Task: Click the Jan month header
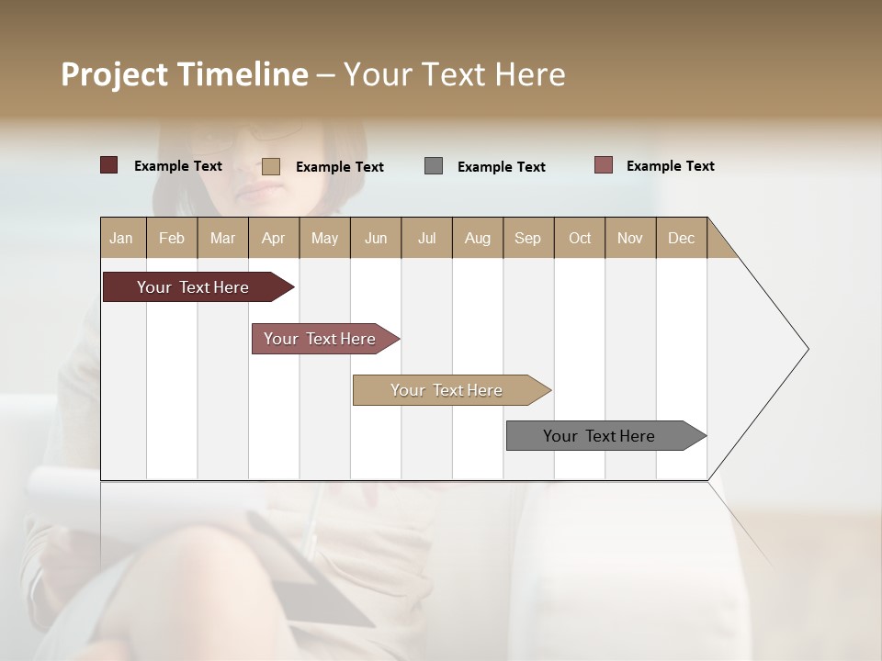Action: [x=121, y=238]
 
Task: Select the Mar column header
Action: [x=222, y=238]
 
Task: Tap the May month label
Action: [x=324, y=238]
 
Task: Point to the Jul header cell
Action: [x=426, y=238]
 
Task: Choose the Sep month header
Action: [x=527, y=238]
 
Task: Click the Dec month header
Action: [x=681, y=238]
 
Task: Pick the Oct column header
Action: [x=580, y=238]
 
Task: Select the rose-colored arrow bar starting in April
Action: [x=322, y=339]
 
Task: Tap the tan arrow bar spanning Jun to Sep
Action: [x=448, y=390]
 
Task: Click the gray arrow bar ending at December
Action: [x=602, y=436]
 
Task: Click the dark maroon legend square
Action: [x=109, y=165]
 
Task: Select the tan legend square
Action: [x=271, y=166]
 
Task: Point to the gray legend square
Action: [x=434, y=166]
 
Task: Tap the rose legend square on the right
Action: [x=604, y=165]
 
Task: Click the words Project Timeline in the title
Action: [x=185, y=74]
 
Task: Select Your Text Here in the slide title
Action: [x=454, y=74]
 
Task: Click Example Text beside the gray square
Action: [x=501, y=167]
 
